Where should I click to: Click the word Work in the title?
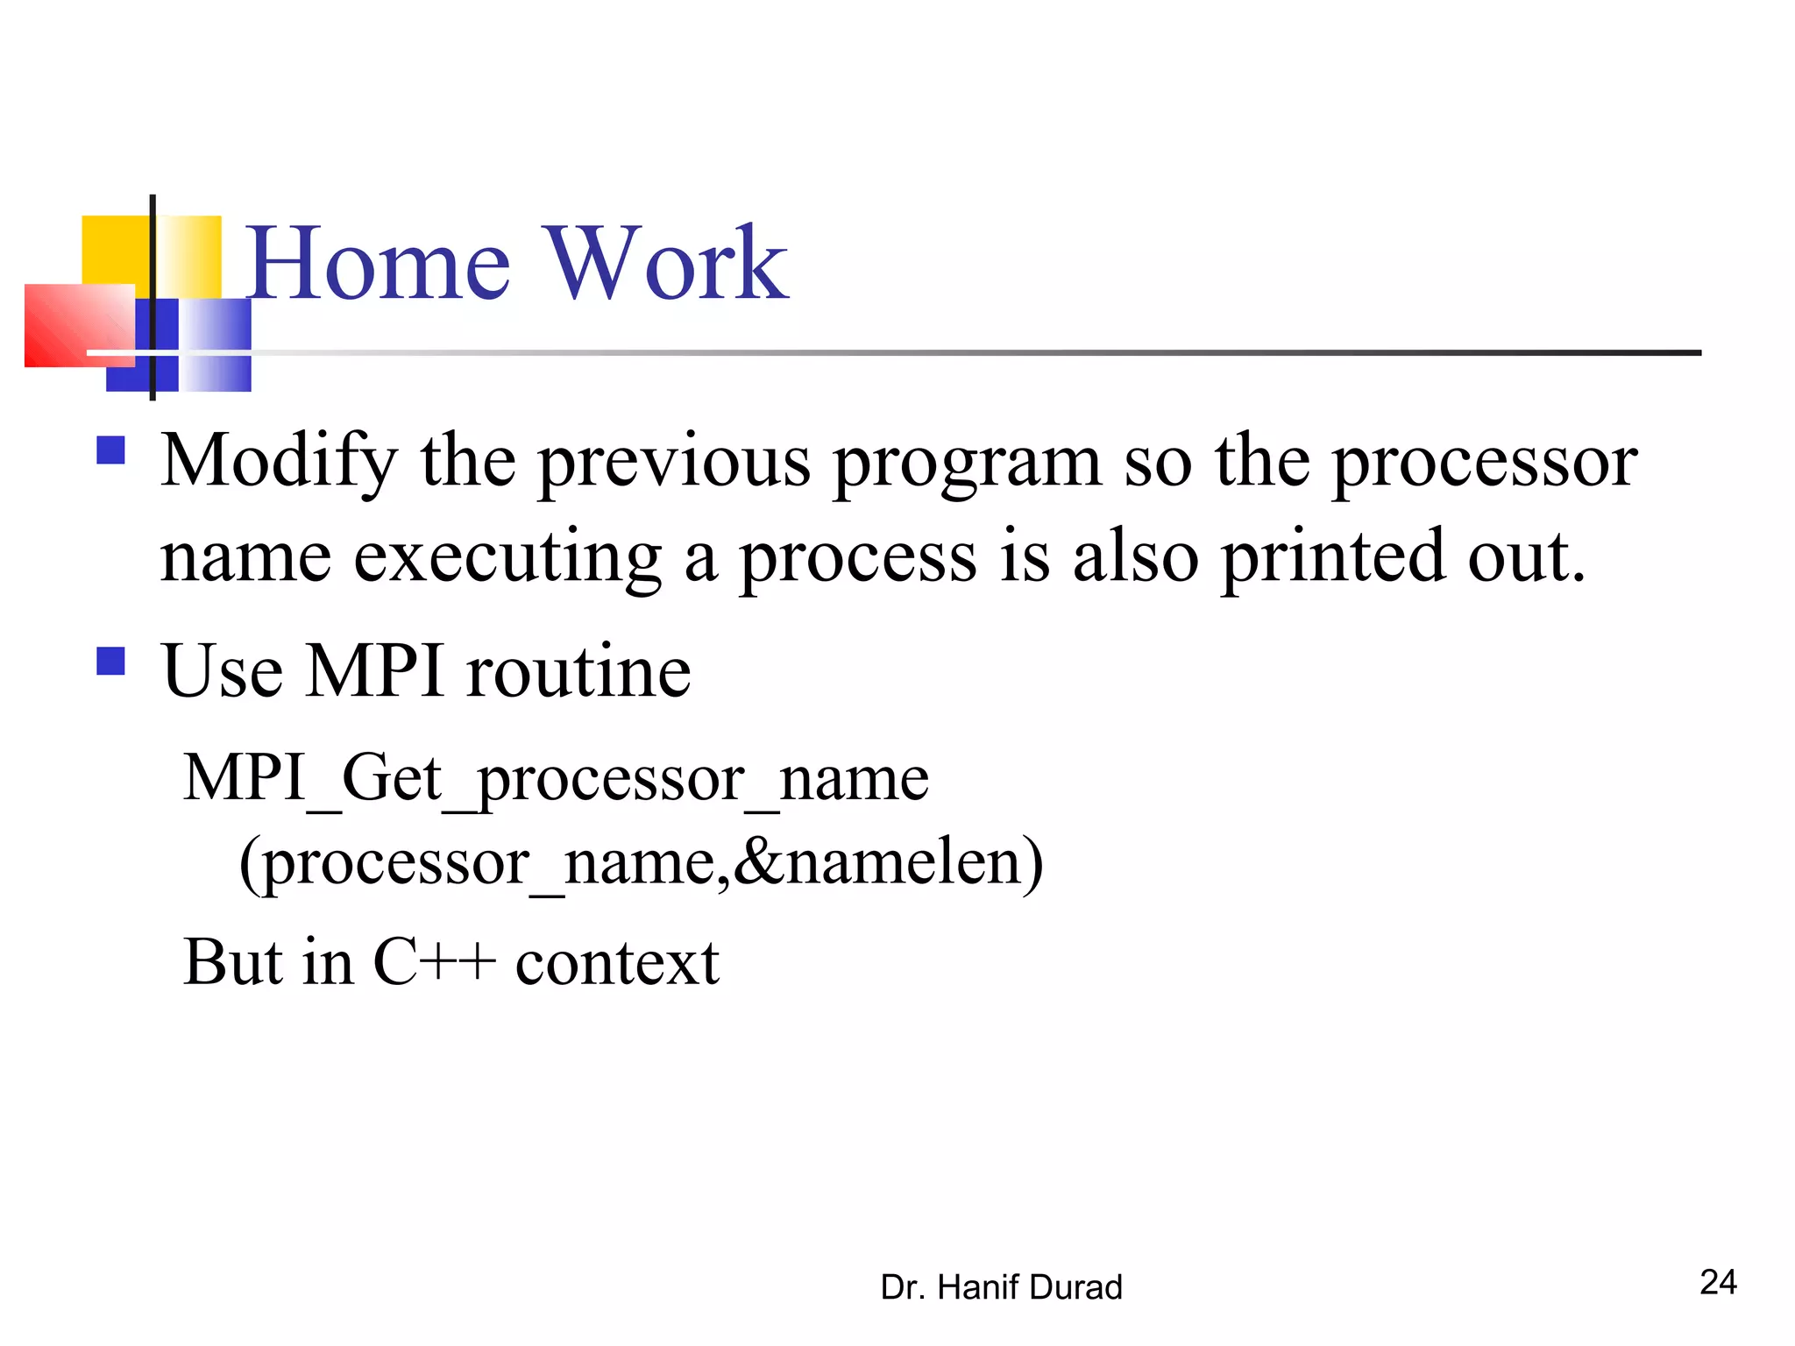(666, 263)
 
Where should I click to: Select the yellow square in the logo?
(114, 250)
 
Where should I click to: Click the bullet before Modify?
(110, 450)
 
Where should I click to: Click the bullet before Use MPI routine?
(110, 661)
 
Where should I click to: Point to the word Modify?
(279, 463)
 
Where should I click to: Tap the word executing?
(507, 559)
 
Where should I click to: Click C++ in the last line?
(434, 962)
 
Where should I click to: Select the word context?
(617, 962)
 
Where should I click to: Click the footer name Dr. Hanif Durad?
(1001, 1287)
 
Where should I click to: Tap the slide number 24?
(1718, 1282)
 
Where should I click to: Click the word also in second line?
(1135, 557)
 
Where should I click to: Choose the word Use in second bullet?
(223, 671)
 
